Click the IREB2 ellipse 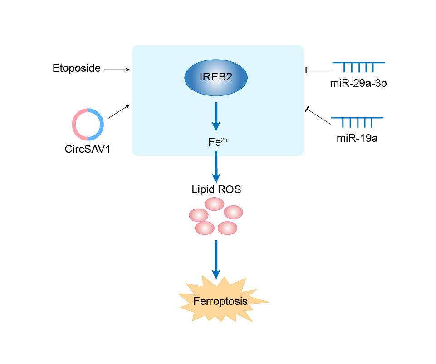tap(216, 77)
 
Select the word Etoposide tap(76, 69)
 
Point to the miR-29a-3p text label tap(358, 84)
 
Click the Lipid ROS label tap(216, 189)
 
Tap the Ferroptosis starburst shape tap(220, 301)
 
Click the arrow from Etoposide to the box tap(117, 70)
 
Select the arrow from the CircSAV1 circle tap(119, 111)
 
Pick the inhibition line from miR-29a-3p tap(319, 70)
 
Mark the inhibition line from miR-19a tap(319, 116)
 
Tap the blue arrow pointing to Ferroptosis tap(216, 259)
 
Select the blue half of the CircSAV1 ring tap(101, 125)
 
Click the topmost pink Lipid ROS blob tap(214, 204)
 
